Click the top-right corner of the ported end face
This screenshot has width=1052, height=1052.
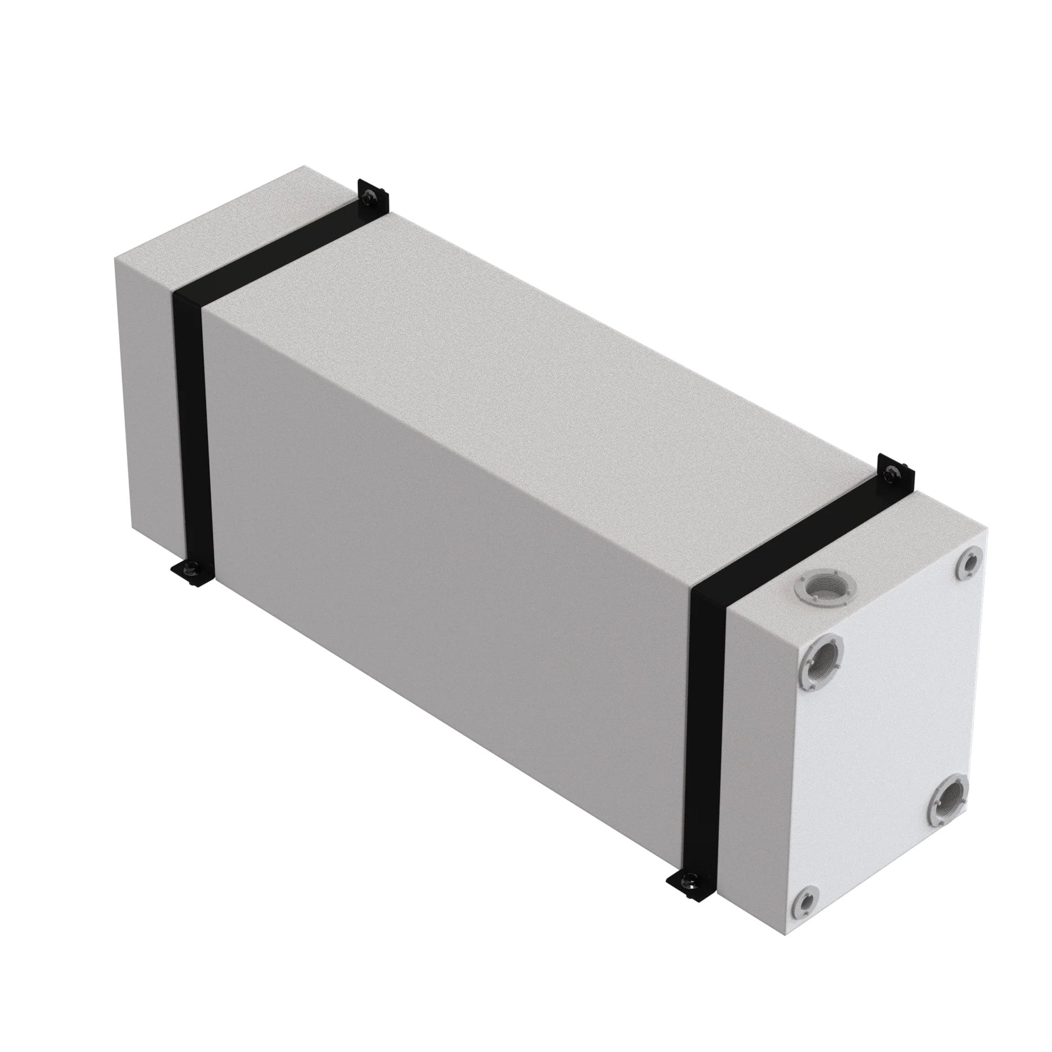986,531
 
